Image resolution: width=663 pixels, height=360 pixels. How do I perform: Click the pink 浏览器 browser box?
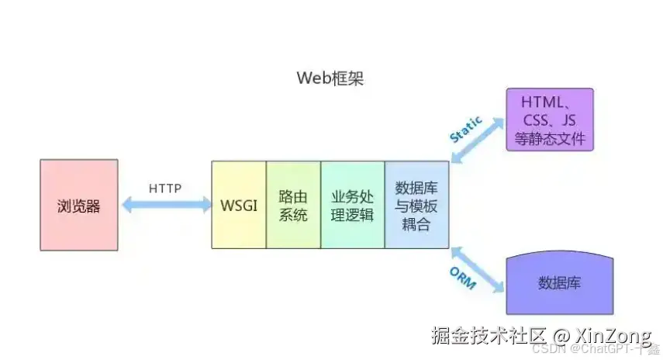[x=79, y=205]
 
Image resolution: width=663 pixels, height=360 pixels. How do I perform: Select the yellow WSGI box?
[x=239, y=205]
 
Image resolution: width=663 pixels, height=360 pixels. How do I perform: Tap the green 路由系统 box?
[x=293, y=205]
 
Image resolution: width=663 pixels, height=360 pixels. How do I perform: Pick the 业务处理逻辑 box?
[x=352, y=205]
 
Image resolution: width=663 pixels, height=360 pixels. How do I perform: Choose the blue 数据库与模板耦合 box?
[x=416, y=205]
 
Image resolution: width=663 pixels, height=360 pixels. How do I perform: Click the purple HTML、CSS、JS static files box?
[x=549, y=119]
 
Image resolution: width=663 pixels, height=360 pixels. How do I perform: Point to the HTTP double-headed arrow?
[x=165, y=205]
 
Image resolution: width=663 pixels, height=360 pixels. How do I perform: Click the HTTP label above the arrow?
[x=164, y=188]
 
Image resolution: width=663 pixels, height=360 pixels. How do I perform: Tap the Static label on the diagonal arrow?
[x=465, y=129]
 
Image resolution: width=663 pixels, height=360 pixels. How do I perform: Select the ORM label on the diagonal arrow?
[x=462, y=278]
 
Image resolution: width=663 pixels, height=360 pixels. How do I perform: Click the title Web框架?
[x=330, y=78]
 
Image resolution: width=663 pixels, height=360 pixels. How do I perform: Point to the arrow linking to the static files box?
[x=477, y=140]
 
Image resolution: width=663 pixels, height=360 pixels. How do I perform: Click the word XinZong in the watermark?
[x=613, y=335]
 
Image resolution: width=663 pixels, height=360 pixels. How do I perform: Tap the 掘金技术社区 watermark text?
[x=489, y=335]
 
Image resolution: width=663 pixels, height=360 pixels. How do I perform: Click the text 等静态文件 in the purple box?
[x=549, y=140]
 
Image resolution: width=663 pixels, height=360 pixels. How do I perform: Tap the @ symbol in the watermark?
[x=561, y=335]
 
